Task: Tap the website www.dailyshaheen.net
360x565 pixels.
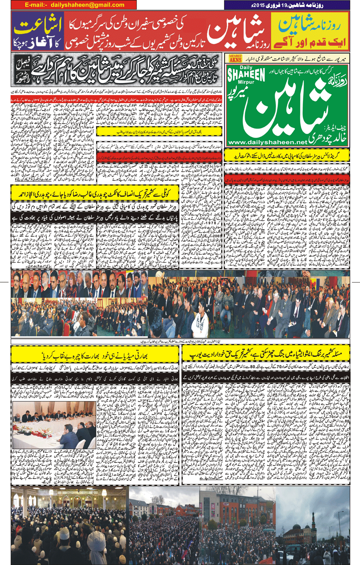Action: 268,142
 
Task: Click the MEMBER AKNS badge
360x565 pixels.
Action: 235,58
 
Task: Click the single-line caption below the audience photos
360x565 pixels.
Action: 180,341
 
